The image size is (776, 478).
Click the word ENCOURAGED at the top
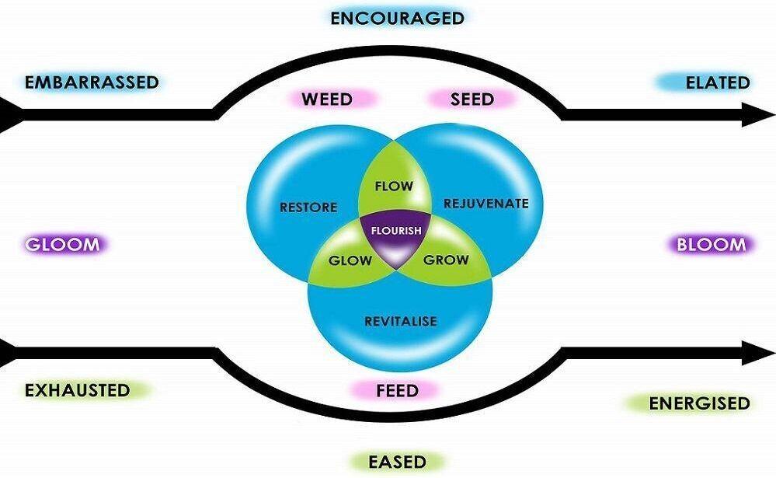pyautogui.click(x=397, y=18)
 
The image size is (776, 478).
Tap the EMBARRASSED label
pyautogui.click(x=92, y=82)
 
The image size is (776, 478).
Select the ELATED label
pyautogui.click(x=717, y=82)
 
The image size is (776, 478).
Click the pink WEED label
pyautogui.click(x=327, y=99)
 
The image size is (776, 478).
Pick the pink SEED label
pyautogui.click(x=472, y=99)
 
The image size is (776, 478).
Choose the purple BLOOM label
pyautogui.click(x=711, y=245)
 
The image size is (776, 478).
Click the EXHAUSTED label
pyautogui.click(x=77, y=389)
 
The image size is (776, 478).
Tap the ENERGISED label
pyautogui.click(x=699, y=403)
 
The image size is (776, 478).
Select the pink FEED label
pyautogui.click(x=396, y=389)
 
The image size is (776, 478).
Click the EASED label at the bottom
pyautogui.click(x=397, y=462)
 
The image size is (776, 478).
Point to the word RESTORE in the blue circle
pyautogui.click(x=308, y=208)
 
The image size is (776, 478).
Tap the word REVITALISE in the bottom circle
pyautogui.click(x=401, y=321)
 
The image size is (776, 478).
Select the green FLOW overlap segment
pyautogui.click(x=393, y=187)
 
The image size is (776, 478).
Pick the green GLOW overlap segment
pyautogui.click(x=350, y=260)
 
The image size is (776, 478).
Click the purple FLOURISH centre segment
pyautogui.click(x=397, y=232)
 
